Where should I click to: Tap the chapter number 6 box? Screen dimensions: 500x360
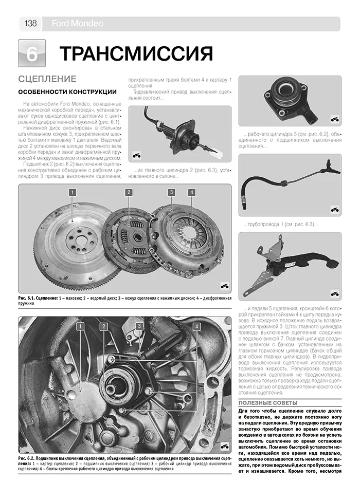point(32,53)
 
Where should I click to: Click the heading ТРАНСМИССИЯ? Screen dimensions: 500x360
point(136,53)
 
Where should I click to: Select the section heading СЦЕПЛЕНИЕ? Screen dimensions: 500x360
point(47,79)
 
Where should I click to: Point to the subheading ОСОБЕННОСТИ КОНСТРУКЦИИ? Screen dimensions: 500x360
point(67,92)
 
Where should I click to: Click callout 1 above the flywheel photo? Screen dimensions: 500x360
point(73,193)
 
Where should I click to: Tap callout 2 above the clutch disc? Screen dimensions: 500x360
point(129,193)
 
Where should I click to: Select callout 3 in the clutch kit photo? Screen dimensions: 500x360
point(171,193)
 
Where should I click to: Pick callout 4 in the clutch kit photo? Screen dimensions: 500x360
point(191,193)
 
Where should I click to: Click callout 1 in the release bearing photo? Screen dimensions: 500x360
point(81,326)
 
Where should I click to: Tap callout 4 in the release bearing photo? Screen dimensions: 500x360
point(196,326)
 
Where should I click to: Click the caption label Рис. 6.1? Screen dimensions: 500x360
point(28,298)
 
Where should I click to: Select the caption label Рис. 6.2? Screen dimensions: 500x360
point(28,458)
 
